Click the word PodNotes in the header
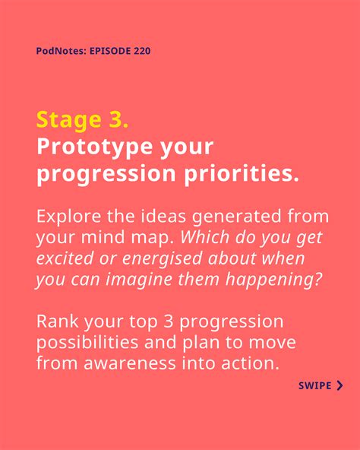tap(61, 51)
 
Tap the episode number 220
tap(142, 51)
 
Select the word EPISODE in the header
tap(110, 51)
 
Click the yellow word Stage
tap(69, 120)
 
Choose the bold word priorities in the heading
tap(242, 173)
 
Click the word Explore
tap(68, 217)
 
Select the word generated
tap(236, 217)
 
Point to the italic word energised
tap(163, 259)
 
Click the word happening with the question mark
tap(273, 280)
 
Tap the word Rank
tap(58, 321)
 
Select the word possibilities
tap(87, 343)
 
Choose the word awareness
tap(130, 363)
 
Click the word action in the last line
tap(251, 363)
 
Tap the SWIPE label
tap(315, 385)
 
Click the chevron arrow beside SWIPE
tap(339, 385)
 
